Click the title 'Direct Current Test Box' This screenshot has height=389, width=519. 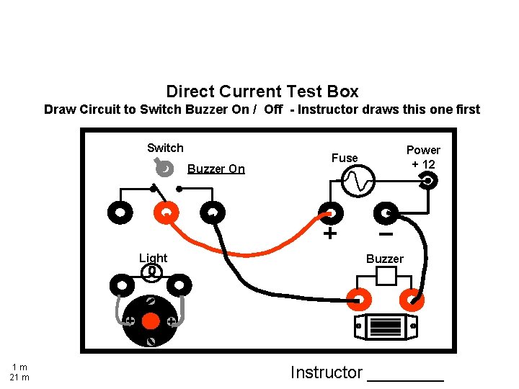pyautogui.click(x=262, y=91)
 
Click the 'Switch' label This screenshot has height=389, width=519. pyautogui.click(x=165, y=148)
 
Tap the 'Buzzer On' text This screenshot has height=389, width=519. pyautogui.click(x=216, y=169)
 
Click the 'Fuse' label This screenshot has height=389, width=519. pyautogui.click(x=344, y=158)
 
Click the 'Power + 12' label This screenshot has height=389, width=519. pyautogui.click(x=423, y=157)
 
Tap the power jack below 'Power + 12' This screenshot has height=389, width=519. pyautogui.click(x=428, y=182)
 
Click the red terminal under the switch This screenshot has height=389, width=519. pyautogui.click(x=165, y=213)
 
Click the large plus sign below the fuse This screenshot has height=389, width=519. pyautogui.click(x=329, y=234)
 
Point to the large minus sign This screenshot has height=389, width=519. pyautogui.click(x=386, y=233)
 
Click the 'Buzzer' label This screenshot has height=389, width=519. pyautogui.click(x=385, y=259)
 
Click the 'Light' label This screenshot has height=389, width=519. pyautogui.click(x=153, y=258)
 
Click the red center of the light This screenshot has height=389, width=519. pyautogui.click(x=151, y=321)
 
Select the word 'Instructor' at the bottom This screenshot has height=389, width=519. pyautogui.click(x=326, y=372)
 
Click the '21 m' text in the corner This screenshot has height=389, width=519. pyautogui.click(x=19, y=377)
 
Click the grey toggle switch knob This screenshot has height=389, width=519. pyautogui.click(x=164, y=168)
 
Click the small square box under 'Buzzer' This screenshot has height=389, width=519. pyautogui.click(x=386, y=275)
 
